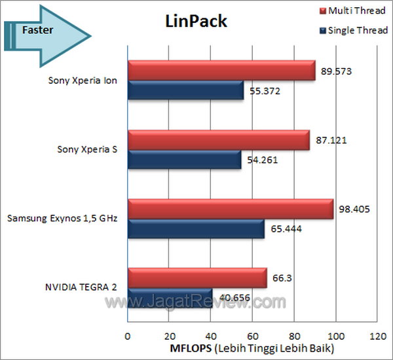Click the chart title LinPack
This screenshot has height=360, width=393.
[x=195, y=22]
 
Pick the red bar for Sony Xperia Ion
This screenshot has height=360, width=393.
[x=221, y=71]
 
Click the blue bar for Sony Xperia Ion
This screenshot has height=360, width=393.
[x=185, y=91]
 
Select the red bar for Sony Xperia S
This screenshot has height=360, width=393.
[x=218, y=139]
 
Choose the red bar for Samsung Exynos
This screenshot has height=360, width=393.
[x=230, y=209]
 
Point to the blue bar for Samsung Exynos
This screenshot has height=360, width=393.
[x=195, y=229]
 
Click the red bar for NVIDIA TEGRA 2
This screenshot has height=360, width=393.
[x=196, y=278]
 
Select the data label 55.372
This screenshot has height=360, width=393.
[x=265, y=91]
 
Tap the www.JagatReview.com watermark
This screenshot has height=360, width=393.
[x=196, y=302]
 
